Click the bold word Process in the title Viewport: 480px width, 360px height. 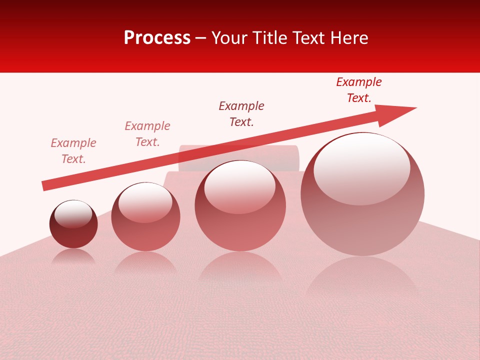click(x=157, y=38)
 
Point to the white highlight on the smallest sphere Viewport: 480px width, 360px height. click(x=73, y=214)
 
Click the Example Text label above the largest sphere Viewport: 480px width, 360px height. click(x=359, y=90)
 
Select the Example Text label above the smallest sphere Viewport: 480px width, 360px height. click(x=73, y=150)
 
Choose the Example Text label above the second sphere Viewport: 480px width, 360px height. click(x=147, y=133)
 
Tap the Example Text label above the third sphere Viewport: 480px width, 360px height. click(x=241, y=113)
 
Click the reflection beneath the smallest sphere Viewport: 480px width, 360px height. click(x=73, y=257)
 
